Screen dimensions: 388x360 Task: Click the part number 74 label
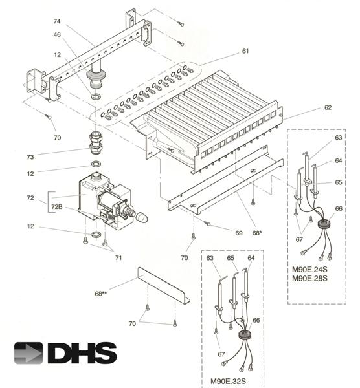coord(57,21)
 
